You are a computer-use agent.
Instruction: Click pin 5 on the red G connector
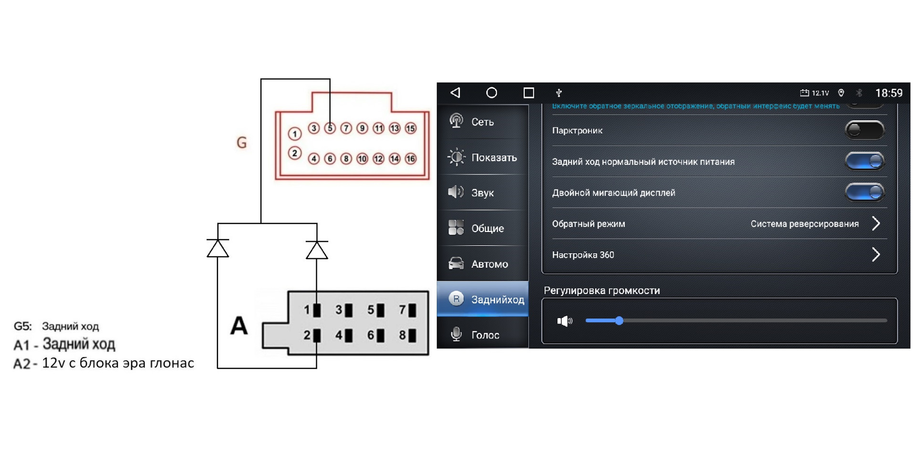pyautogui.click(x=330, y=128)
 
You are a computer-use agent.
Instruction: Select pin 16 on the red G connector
pyautogui.click(x=410, y=159)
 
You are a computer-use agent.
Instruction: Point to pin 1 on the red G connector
pyautogui.click(x=295, y=134)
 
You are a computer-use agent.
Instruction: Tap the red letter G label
pyautogui.click(x=242, y=143)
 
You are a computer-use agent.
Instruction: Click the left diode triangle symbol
pyautogui.click(x=218, y=248)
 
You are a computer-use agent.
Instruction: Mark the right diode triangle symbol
pyautogui.click(x=317, y=250)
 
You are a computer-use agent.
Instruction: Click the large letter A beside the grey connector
pyautogui.click(x=239, y=326)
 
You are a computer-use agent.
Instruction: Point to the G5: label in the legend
pyautogui.click(x=22, y=327)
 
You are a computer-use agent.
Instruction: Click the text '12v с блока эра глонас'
pyautogui.click(x=118, y=363)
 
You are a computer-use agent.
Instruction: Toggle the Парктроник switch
pyautogui.click(x=864, y=130)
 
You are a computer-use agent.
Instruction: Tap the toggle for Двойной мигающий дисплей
pyautogui.click(x=864, y=193)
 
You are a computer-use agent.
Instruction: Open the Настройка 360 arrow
pyautogui.click(x=875, y=255)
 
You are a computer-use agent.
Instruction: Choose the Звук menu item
pyautogui.click(x=482, y=193)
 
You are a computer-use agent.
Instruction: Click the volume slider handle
pyautogui.click(x=619, y=321)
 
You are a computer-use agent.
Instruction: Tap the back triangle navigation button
pyautogui.click(x=456, y=92)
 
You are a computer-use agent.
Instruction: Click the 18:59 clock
pyautogui.click(x=888, y=93)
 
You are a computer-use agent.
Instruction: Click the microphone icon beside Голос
pyautogui.click(x=456, y=334)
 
